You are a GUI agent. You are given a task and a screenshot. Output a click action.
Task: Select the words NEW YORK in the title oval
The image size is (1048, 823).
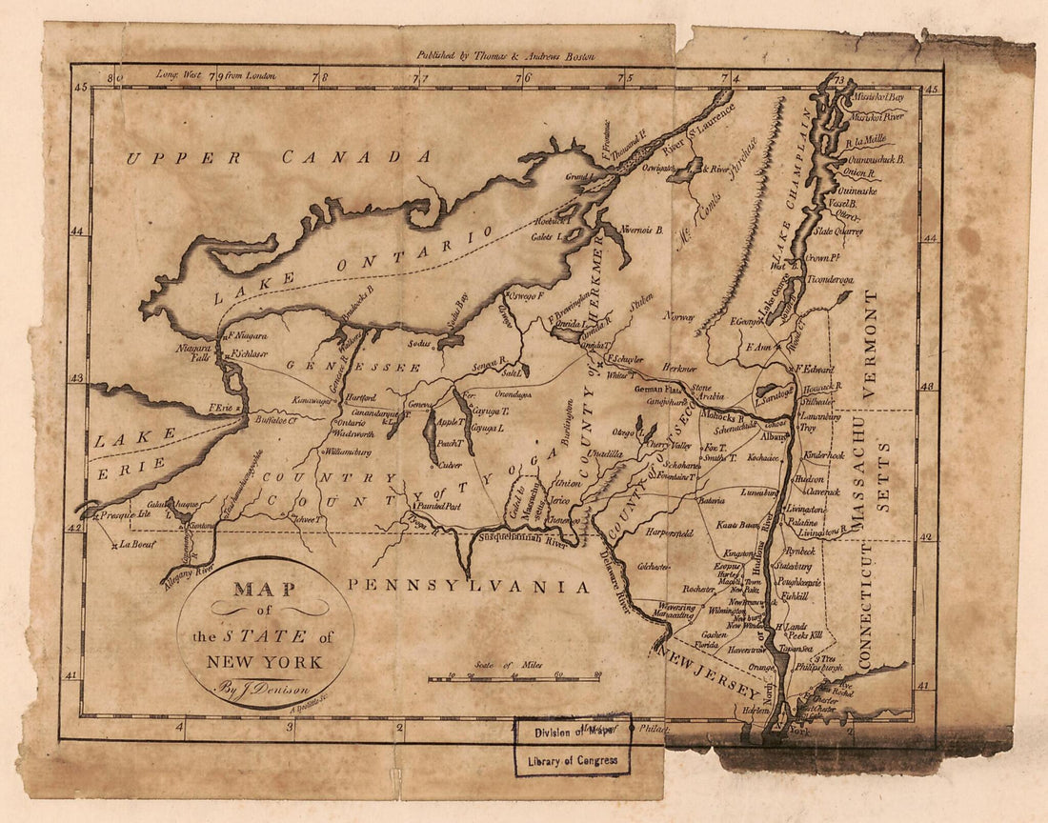[266, 663]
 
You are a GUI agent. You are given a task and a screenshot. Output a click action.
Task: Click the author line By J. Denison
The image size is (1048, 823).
[266, 686]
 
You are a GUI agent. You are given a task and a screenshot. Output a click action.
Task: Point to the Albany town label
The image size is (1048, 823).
[775, 435]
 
